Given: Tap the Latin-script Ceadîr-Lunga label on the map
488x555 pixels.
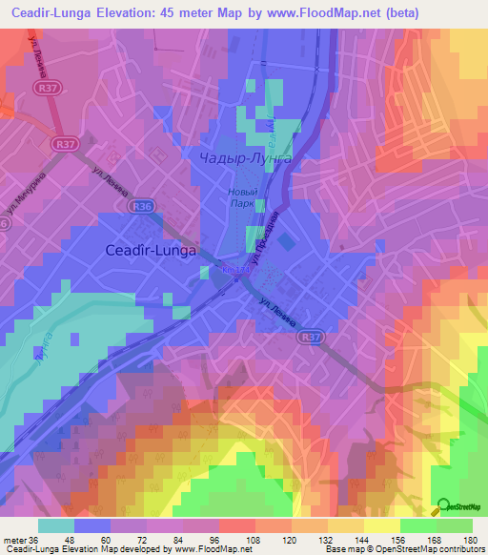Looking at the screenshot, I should click(149, 251).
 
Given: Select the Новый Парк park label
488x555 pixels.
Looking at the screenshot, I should click(242, 196).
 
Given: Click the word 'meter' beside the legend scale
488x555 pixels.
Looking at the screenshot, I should click(11, 539).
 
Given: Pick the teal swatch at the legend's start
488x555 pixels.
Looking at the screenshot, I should click(56, 524).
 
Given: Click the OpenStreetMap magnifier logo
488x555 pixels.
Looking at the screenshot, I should click(445, 506).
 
